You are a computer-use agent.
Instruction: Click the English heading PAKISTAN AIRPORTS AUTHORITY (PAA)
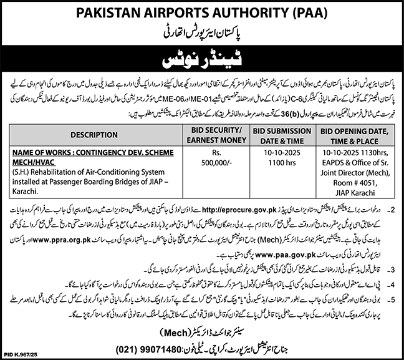(202, 11)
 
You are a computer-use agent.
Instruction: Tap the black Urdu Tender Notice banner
(202, 61)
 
